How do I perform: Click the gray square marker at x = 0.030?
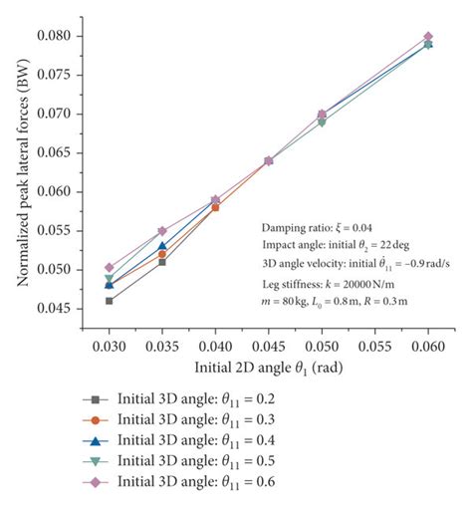coord(110,300)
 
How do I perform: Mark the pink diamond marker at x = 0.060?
coord(428,36)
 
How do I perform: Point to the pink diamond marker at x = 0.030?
coord(110,267)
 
